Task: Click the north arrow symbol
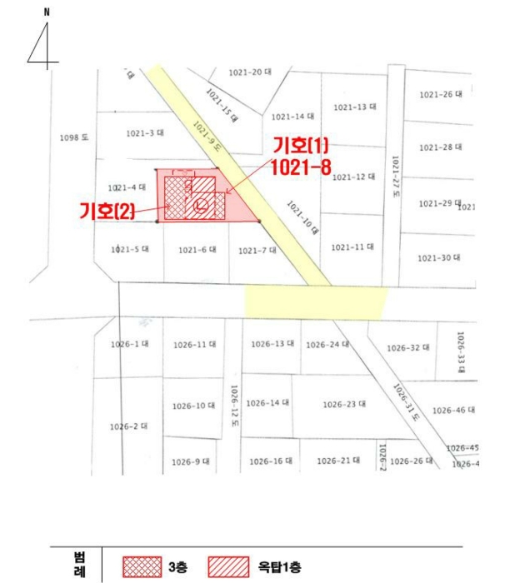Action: pyautogui.click(x=43, y=43)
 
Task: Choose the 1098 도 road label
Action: pyautogui.click(x=74, y=137)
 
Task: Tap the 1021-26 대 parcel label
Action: pyautogui.click(x=440, y=95)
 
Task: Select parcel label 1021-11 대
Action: pyautogui.click(x=352, y=247)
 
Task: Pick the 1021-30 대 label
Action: pyautogui.click(x=439, y=258)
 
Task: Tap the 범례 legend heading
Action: pyautogui.click(x=81, y=564)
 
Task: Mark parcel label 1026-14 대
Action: pyautogui.click(x=267, y=403)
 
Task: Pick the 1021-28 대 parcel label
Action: pyautogui.click(x=440, y=147)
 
